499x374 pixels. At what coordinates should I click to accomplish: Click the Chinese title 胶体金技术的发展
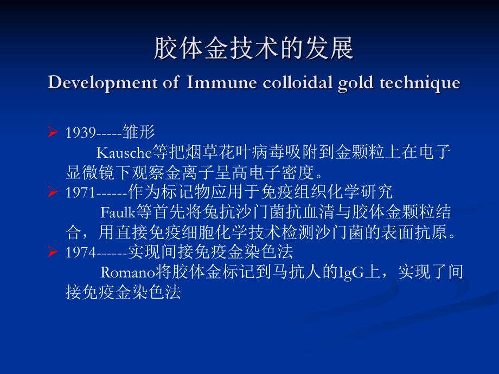[254, 49]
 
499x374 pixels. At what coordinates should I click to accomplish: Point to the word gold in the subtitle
[350, 83]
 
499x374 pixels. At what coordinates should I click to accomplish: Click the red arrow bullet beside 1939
[53, 132]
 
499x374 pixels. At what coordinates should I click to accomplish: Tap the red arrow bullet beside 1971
[53, 192]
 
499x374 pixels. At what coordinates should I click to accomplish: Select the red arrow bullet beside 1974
[53, 252]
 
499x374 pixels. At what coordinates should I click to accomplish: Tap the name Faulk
[114, 212]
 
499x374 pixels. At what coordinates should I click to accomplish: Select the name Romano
[124, 272]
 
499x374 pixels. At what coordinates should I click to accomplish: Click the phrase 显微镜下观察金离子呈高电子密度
[190, 173]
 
